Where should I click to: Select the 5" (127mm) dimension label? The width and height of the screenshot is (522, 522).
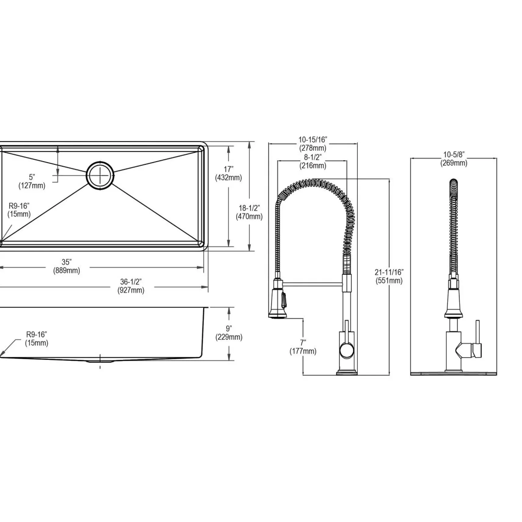click(32, 181)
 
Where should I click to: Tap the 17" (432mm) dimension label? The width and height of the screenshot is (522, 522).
click(228, 173)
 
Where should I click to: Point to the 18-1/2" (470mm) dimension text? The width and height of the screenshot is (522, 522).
click(249, 212)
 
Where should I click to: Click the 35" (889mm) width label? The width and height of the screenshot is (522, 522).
click(67, 266)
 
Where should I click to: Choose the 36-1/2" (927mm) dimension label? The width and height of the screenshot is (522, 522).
click(131, 286)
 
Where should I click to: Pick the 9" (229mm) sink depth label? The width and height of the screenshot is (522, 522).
click(229, 333)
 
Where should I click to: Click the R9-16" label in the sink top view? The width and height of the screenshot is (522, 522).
click(19, 210)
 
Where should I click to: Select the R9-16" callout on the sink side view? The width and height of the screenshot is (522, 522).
click(37, 339)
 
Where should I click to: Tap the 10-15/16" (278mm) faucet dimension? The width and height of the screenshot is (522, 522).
click(313, 144)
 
